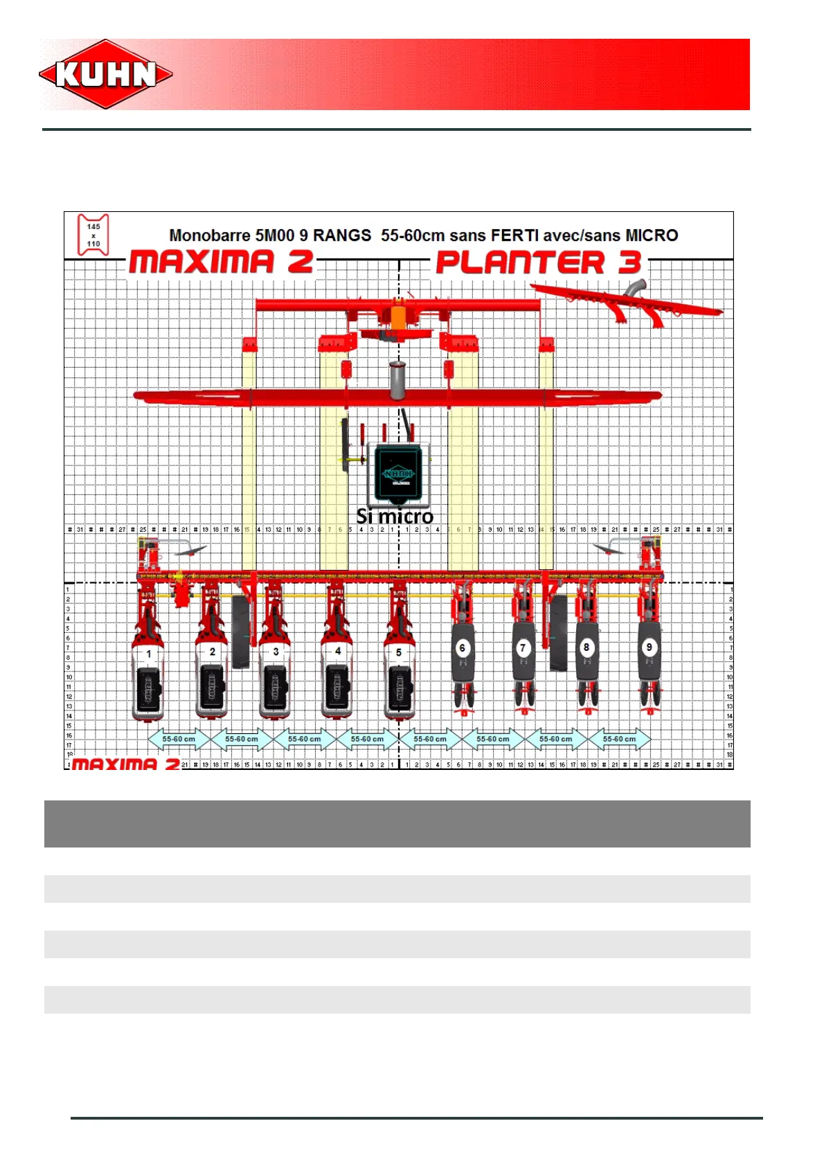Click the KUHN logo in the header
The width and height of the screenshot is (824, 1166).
[106, 74]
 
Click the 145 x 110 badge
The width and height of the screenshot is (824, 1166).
[93, 235]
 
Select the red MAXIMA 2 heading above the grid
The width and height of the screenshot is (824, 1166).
[221, 262]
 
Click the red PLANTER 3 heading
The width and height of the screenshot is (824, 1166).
[539, 262]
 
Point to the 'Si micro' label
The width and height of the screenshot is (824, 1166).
[395, 516]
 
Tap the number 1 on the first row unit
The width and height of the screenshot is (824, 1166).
[149, 653]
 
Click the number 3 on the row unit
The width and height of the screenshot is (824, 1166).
[276, 652]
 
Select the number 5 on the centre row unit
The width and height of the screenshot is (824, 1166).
[399, 652]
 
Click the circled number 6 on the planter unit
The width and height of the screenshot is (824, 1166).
[463, 648]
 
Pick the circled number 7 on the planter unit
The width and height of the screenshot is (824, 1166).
[523, 648]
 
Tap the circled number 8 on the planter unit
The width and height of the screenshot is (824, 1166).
[586, 647]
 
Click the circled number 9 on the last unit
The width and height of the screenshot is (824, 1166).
[649, 647]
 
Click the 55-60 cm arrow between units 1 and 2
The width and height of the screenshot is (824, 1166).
[179, 739]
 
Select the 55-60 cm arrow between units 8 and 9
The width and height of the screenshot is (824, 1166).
[619, 739]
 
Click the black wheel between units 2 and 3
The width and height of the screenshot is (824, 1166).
[240, 631]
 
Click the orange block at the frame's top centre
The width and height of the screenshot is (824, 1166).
[398, 317]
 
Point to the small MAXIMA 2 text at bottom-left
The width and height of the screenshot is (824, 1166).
[125, 764]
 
